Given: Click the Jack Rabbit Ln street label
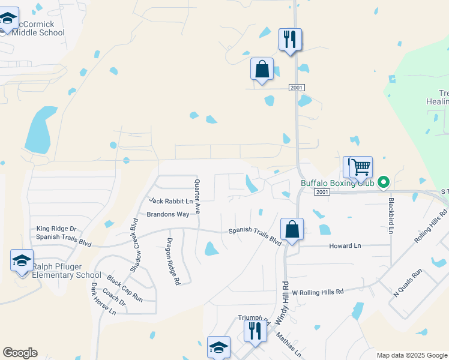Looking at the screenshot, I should [x=171, y=201].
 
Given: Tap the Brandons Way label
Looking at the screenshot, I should [x=168, y=214].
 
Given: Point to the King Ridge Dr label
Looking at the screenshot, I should [x=56, y=229].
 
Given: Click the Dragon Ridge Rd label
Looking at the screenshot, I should [x=172, y=261].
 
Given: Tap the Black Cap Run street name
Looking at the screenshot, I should [x=125, y=287].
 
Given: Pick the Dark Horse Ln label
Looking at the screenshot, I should [x=103, y=299].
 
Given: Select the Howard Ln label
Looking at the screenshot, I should [x=345, y=246].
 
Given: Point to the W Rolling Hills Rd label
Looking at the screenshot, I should [x=317, y=292].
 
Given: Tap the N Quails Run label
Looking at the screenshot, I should [x=408, y=284].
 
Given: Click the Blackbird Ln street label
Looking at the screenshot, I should [x=391, y=215].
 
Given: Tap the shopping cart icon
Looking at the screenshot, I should [x=361, y=167].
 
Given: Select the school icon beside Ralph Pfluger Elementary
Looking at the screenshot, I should [x=22, y=261].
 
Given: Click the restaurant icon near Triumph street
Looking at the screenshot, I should [x=255, y=331].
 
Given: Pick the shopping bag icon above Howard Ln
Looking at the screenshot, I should [x=292, y=229].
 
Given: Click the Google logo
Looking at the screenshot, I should [x=20, y=353].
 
